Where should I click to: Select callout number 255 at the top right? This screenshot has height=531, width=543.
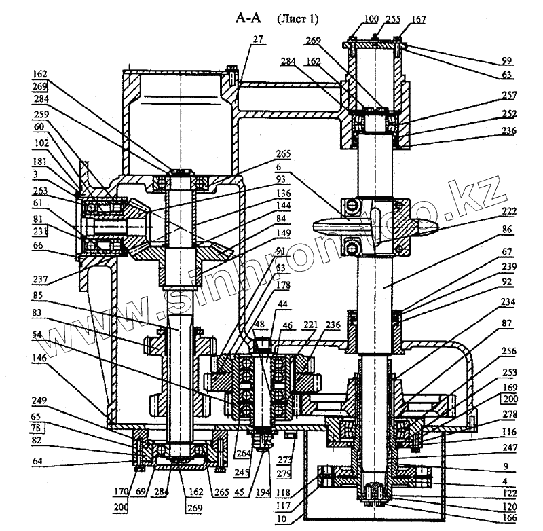[393, 20]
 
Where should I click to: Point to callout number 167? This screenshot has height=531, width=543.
[419, 20]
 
